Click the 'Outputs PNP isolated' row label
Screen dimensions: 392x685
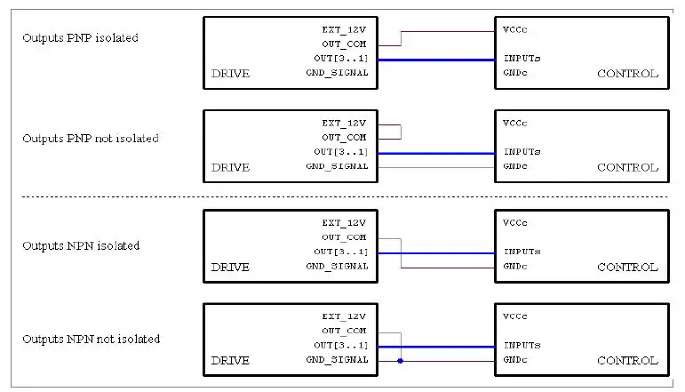click(x=80, y=38)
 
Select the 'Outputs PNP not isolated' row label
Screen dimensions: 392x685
click(x=90, y=139)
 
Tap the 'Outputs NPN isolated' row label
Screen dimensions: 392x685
click(x=81, y=245)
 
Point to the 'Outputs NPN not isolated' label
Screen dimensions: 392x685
click(x=91, y=339)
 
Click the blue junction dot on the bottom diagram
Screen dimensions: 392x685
click(x=401, y=361)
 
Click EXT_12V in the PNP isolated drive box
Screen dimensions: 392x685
click(x=344, y=29)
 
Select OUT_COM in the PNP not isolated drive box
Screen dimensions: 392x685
click(x=344, y=138)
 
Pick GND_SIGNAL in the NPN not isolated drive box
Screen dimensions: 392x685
click(x=337, y=360)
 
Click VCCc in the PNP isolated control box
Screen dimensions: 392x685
click(x=515, y=29)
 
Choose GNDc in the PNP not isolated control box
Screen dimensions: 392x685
click(x=515, y=166)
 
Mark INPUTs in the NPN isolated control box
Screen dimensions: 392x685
click(x=522, y=252)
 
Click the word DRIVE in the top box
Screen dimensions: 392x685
click(x=230, y=74)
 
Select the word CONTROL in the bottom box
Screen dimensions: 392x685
click(x=627, y=360)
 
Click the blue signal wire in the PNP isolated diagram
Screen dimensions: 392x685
click(x=435, y=60)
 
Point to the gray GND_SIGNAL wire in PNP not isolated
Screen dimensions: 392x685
click(x=435, y=167)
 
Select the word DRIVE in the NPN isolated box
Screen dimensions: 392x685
click(x=230, y=267)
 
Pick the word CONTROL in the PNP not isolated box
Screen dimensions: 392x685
click(x=627, y=167)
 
